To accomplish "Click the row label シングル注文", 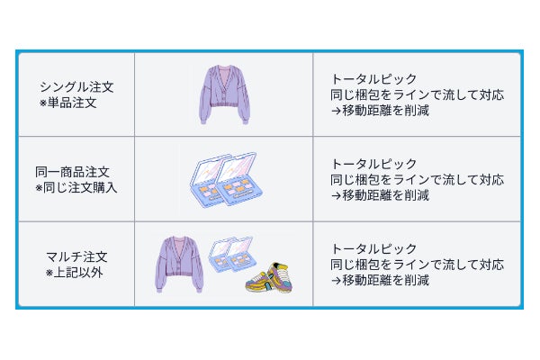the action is click(76, 87).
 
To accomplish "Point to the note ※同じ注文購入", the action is click(76, 187).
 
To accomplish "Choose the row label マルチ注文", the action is click(76, 256).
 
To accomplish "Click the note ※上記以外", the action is click(75, 272).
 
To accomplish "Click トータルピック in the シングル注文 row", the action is click(373, 79).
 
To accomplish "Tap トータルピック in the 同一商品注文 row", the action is click(373, 164).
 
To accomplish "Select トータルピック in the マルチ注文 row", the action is click(373, 248).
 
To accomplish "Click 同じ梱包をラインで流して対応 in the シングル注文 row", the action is click(417, 94).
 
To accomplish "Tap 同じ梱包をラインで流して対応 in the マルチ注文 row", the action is click(417, 264).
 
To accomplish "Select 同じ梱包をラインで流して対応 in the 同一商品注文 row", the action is click(417, 179).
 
